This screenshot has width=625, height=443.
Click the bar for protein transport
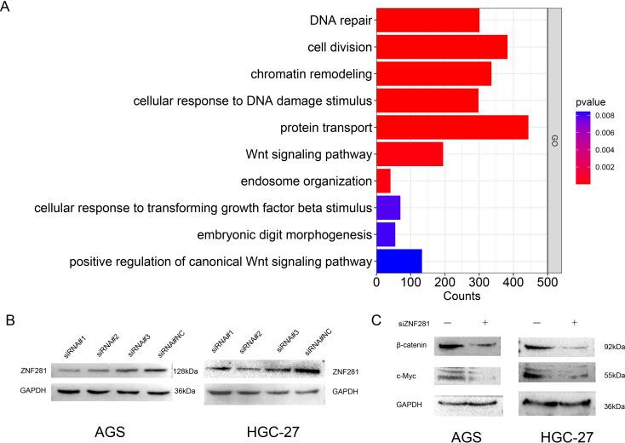452,128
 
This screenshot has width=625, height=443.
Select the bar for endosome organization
383,181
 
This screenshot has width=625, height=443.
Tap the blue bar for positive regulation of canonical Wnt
399,261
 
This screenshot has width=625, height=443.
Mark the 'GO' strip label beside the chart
554,141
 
